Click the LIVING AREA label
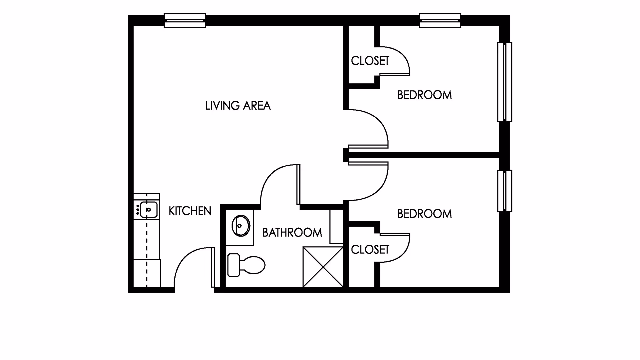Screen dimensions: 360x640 coord(238,106)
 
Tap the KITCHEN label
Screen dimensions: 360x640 coord(190,211)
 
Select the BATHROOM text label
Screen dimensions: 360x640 coord(292,233)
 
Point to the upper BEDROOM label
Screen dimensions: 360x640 coord(424,95)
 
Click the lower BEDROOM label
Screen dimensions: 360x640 coord(424,214)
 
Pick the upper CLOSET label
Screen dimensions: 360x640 coord(370,61)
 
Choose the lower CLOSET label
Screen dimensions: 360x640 coord(370,249)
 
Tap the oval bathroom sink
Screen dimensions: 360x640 coord(241,226)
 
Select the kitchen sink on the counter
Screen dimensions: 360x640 coord(148,210)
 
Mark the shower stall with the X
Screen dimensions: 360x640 coord(323,267)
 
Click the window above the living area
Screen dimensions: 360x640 coord(185,21)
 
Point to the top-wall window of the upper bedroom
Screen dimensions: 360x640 coord(440,21)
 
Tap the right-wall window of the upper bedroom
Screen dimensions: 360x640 coord(505,82)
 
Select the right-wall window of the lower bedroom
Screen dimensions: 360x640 coord(505,191)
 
